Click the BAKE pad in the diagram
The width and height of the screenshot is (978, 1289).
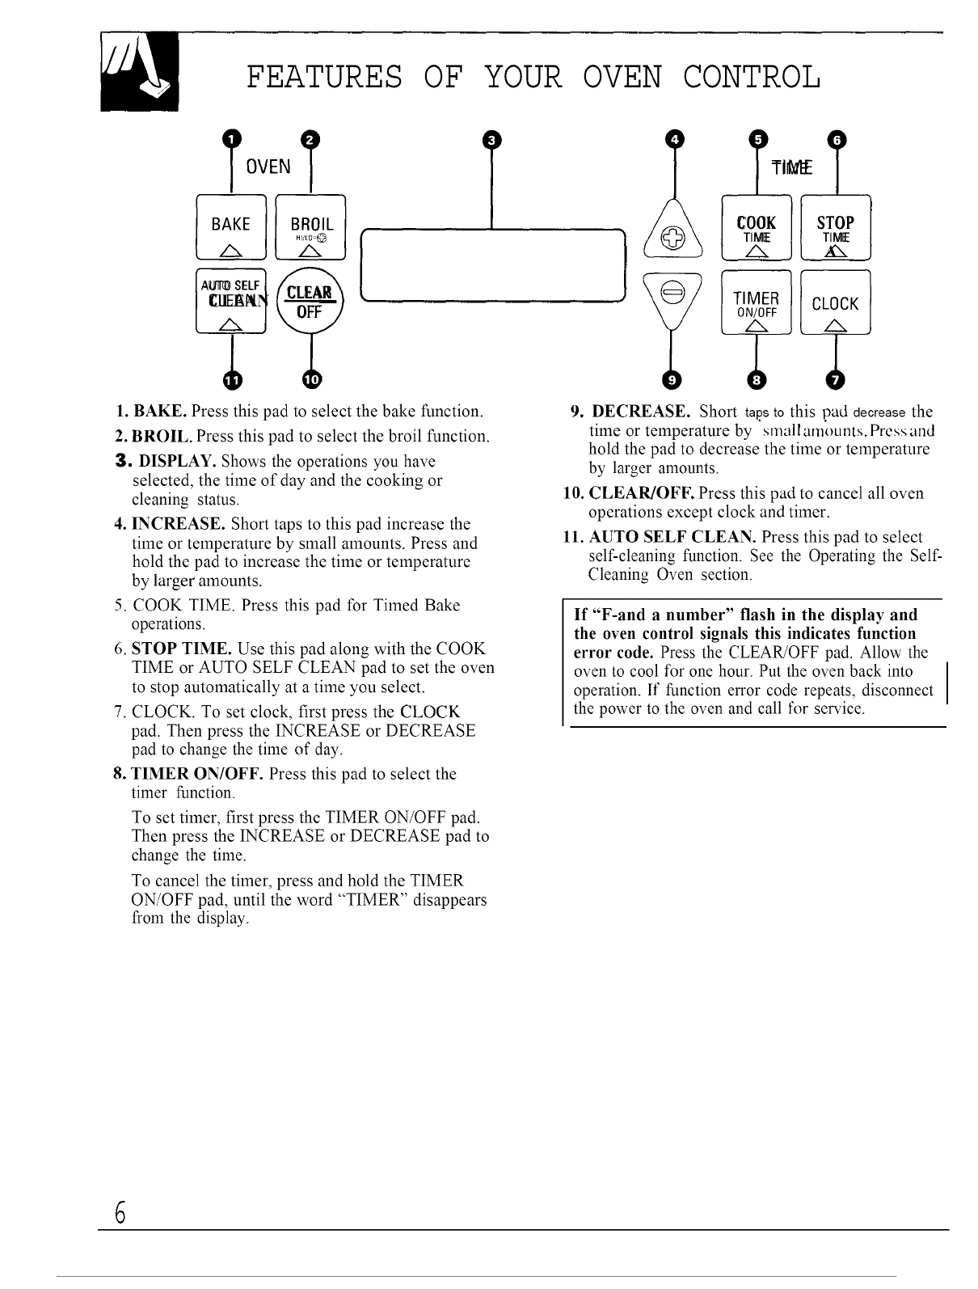click(231, 229)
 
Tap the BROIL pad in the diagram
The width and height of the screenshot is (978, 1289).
click(310, 229)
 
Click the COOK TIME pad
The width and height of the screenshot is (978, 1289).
click(757, 229)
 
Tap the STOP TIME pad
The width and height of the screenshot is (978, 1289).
click(835, 229)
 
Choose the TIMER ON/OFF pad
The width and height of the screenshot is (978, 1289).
click(757, 303)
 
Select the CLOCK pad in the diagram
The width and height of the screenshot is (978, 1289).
click(835, 303)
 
